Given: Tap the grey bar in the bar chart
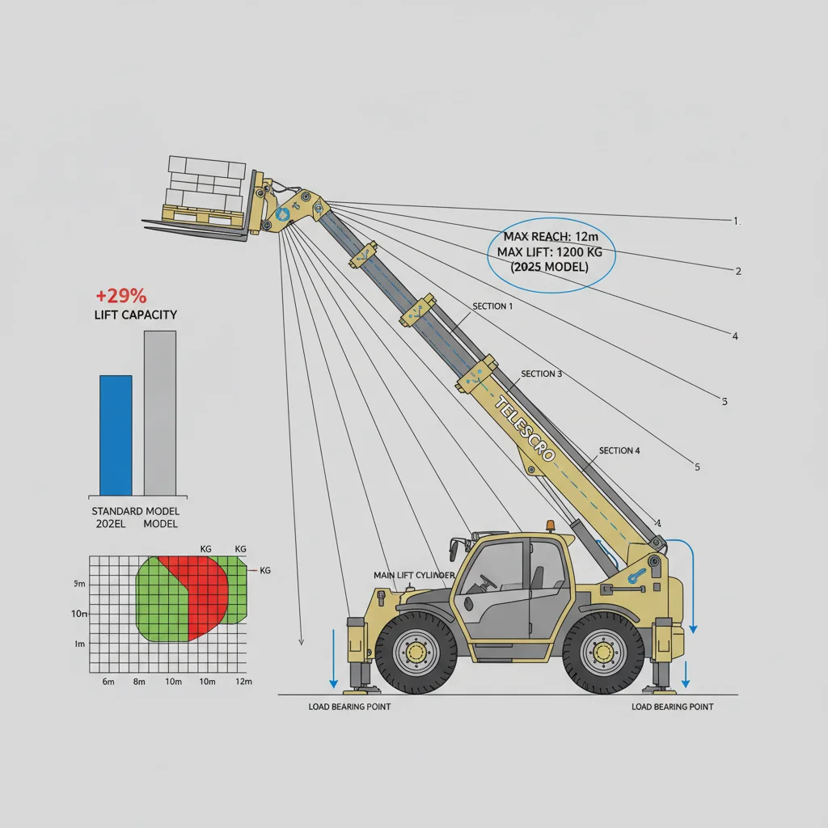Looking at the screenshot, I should click(159, 412).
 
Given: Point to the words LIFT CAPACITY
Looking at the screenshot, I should click(136, 315).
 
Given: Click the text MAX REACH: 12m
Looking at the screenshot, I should click(549, 237).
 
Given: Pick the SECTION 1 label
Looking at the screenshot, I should click(492, 307).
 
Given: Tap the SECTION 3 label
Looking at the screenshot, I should click(542, 374).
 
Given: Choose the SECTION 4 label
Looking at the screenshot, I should click(619, 450).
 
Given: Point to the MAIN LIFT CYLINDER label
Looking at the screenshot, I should click(414, 575).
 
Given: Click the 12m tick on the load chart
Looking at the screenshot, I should click(243, 682).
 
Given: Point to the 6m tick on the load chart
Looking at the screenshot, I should click(108, 682).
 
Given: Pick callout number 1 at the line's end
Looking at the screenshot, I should click(736, 221).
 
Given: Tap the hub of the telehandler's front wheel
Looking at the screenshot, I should click(416, 651).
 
